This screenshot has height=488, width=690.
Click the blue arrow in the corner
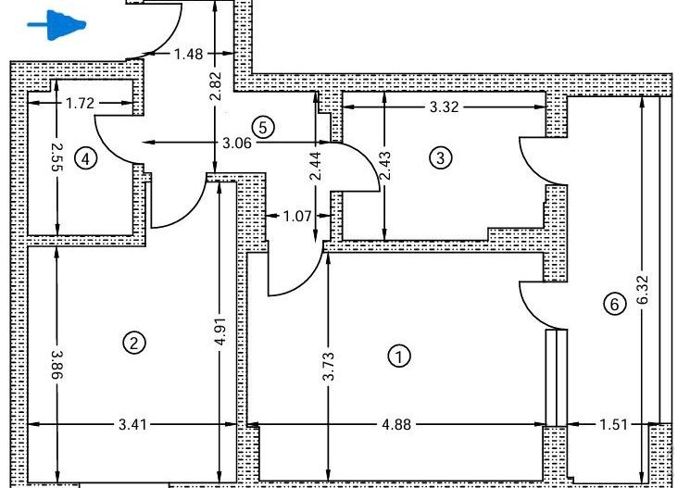[x=56, y=25]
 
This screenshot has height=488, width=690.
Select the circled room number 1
[x=399, y=357]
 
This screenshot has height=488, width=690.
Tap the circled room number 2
[x=134, y=343]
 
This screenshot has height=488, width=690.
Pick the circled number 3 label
[x=441, y=157]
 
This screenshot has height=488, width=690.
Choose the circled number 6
[x=614, y=304]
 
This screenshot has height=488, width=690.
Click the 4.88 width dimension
[x=397, y=425]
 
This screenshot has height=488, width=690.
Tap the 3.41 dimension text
[x=132, y=425]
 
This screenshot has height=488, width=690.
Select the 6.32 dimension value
[x=643, y=289]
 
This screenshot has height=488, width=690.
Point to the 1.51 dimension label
[x=613, y=425]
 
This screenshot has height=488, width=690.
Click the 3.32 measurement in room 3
[x=444, y=106]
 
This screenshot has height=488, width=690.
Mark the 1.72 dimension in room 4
[x=80, y=104]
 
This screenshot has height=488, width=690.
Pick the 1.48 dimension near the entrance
[x=189, y=54]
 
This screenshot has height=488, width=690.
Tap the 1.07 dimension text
[x=297, y=216]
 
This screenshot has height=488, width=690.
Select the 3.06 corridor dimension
[x=237, y=143]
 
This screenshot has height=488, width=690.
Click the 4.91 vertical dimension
[x=221, y=331]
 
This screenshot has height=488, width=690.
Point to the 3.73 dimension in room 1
[x=328, y=366]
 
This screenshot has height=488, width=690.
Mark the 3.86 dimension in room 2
[x=57, y=365]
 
